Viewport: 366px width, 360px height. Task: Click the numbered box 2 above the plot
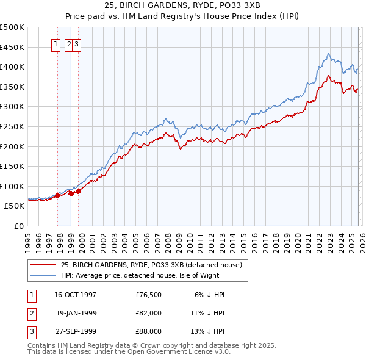[x=69, y=44]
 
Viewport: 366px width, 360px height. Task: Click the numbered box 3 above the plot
[x=77, y=44]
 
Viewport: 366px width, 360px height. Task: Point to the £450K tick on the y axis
[x=12, y=47]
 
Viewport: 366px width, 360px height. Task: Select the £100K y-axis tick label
[x=12, y=186]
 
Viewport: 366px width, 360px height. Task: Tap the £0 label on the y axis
[x=18, y=226]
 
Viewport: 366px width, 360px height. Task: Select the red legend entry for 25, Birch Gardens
[x=151, y=265]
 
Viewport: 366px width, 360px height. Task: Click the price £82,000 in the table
[x=149, y=313]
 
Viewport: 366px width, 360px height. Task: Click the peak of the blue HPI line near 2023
[x=328, y=54]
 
